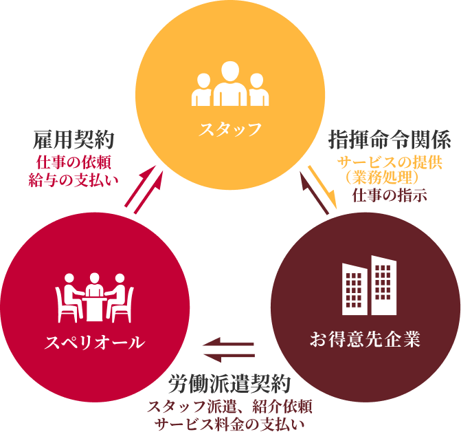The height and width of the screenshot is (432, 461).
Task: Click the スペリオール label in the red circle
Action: click(94, 341)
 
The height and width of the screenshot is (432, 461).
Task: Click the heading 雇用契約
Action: click(74, 140)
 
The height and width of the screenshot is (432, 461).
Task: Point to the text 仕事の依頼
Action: click(74, 164)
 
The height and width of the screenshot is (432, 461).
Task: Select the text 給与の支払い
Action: click(74, 180)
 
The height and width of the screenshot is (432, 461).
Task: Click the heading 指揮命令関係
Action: click(390, 140)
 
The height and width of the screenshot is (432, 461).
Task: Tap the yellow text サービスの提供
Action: click(388, 164)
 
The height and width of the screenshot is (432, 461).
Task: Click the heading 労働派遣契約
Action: click(230, 382)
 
